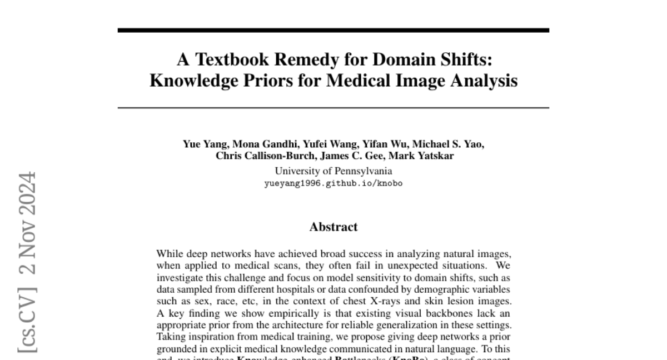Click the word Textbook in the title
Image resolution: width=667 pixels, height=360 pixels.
232,59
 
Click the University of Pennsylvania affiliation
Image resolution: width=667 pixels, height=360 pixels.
333,171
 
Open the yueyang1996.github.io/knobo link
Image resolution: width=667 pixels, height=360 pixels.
333,183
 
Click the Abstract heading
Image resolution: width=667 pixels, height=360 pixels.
333,227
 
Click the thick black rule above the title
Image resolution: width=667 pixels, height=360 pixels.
333,30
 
